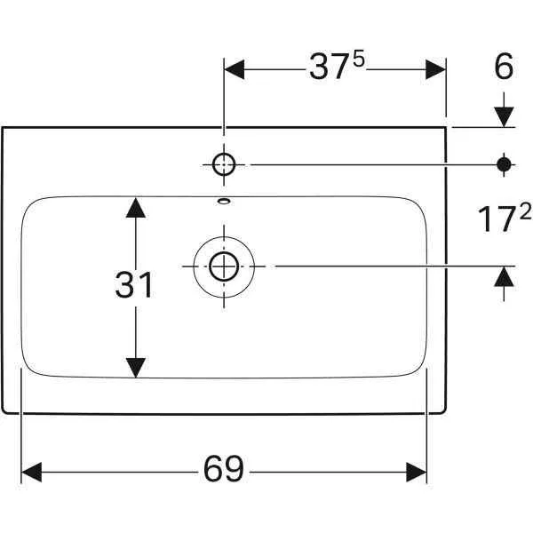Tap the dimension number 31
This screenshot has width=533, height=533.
(135, 285)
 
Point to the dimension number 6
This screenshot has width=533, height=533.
(504, 68)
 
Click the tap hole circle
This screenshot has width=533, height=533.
(223, 163)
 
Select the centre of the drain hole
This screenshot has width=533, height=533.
(223, 265)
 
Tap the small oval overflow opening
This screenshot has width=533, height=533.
(223, 201)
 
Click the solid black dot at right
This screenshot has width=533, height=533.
(504, 163)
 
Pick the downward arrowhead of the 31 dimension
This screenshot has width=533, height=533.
(135, 366)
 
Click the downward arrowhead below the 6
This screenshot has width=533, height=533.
(504, 115)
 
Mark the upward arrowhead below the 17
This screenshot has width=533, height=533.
(504, 276)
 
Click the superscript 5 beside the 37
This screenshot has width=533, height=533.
(359, 60)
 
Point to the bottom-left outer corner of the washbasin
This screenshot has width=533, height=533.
(4, 411)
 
